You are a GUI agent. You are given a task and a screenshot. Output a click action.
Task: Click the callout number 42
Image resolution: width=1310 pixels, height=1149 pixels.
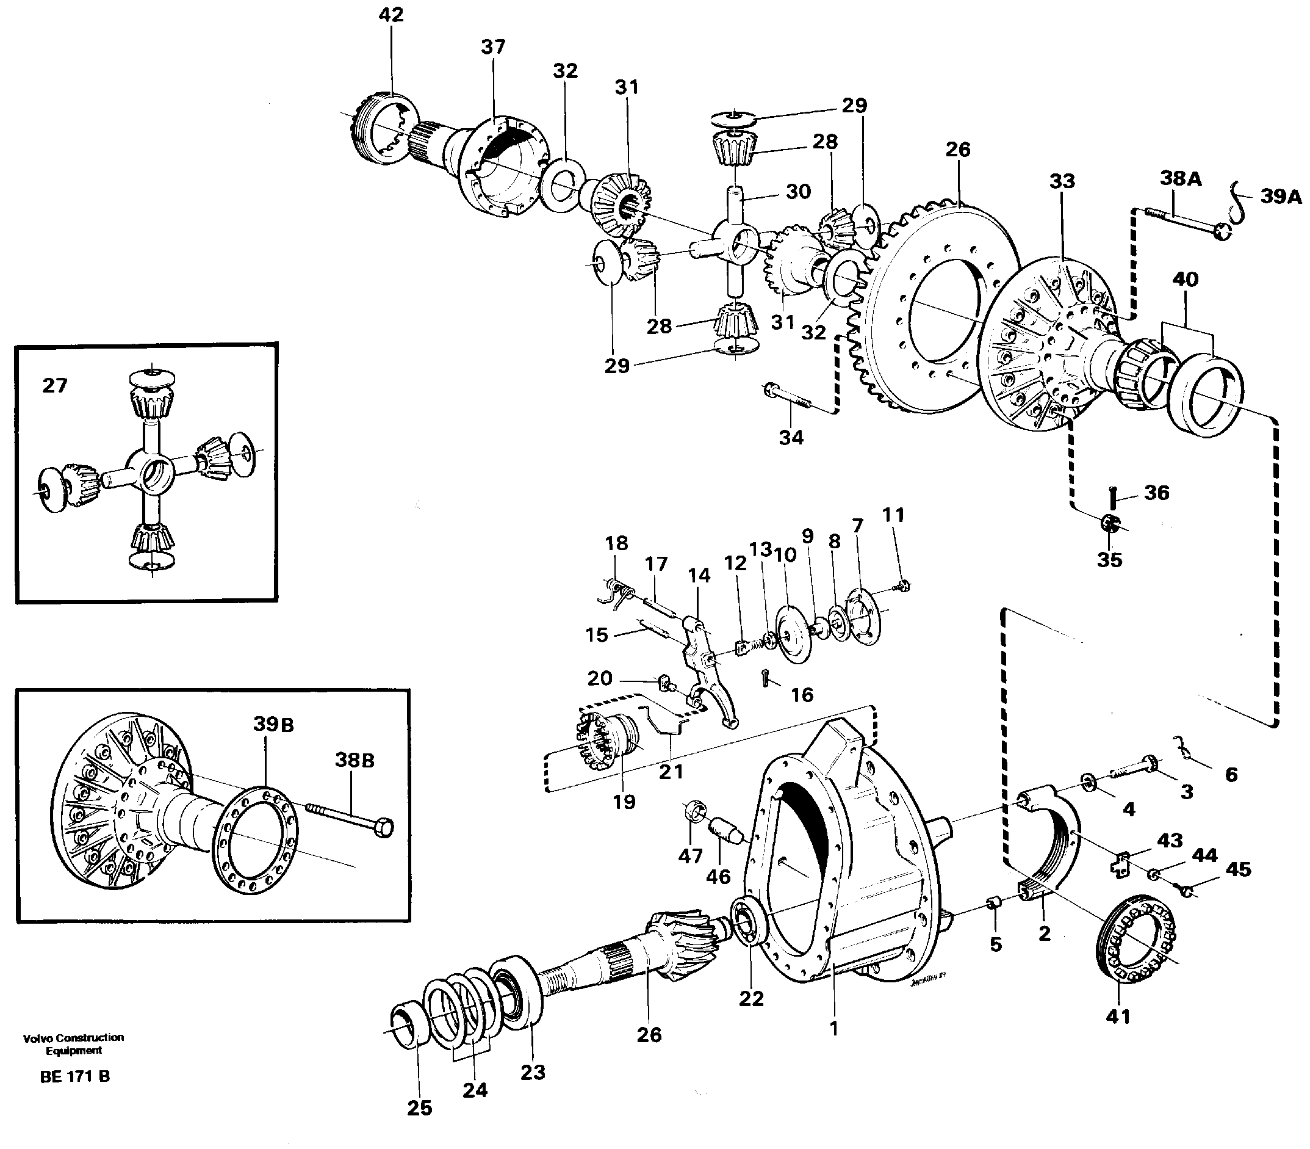pyautogui.click(x=391, y=15)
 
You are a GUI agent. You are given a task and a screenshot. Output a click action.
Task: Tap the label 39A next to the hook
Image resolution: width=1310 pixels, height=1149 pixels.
pyautogui.click(x=1281, y=196)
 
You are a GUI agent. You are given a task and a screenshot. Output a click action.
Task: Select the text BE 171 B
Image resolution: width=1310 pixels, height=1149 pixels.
pyautogui.click(x=74, y=1076)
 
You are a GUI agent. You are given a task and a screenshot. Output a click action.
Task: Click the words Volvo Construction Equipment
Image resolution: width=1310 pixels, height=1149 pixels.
pyautogui.click(x=74, y=1044)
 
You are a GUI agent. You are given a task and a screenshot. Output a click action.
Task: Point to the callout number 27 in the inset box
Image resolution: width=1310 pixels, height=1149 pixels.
pyautogui.click(x=54, y=385)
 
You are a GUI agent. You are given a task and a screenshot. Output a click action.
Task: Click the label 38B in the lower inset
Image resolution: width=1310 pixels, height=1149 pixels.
pyautogui.click(x=354, y=761)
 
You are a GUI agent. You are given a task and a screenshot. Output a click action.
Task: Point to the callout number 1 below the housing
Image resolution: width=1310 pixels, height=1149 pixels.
pyautogui.click(x=833, y=1029)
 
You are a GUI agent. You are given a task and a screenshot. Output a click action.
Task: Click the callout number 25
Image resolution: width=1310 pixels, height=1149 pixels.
pyautogui.click(x=420, y=1108)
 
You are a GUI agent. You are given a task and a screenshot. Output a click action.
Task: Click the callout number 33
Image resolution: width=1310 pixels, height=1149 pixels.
pyautogui.click(x=1062, y=181)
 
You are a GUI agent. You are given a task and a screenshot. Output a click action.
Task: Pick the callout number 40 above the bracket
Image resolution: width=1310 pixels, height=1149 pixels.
pyautogui.click(x=1185, y=280)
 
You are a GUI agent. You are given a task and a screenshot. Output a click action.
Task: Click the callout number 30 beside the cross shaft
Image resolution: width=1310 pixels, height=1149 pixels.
pyautogui.click(x=798, y=191)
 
